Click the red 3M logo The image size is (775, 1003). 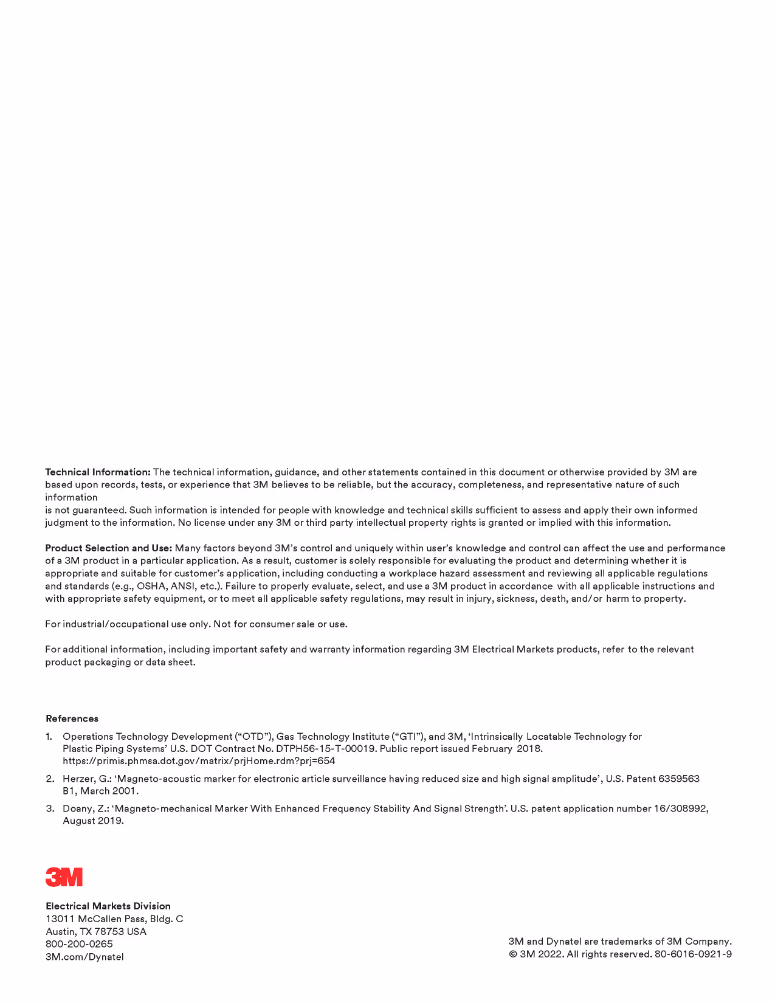pos(64,877)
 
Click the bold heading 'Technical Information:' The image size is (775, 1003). pos(98,472)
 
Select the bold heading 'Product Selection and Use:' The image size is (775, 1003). pos(109,548)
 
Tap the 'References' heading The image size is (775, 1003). pos(72,719)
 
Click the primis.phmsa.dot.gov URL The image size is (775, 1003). pos(199,761)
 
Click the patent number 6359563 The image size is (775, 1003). pos(679,779)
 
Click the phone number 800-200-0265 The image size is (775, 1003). pos(79,944)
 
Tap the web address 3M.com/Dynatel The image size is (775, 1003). pos(84,957)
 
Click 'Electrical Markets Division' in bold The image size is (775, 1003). pos(108,906)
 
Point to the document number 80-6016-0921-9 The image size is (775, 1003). pos(693,954)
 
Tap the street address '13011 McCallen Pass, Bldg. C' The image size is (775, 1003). pos(114,919)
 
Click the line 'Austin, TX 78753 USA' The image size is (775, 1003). pos(96,931)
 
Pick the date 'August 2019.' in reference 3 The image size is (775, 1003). pos(93,821)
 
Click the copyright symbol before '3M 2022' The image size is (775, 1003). pos(513,954)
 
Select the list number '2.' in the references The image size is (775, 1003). pos(50,779)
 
